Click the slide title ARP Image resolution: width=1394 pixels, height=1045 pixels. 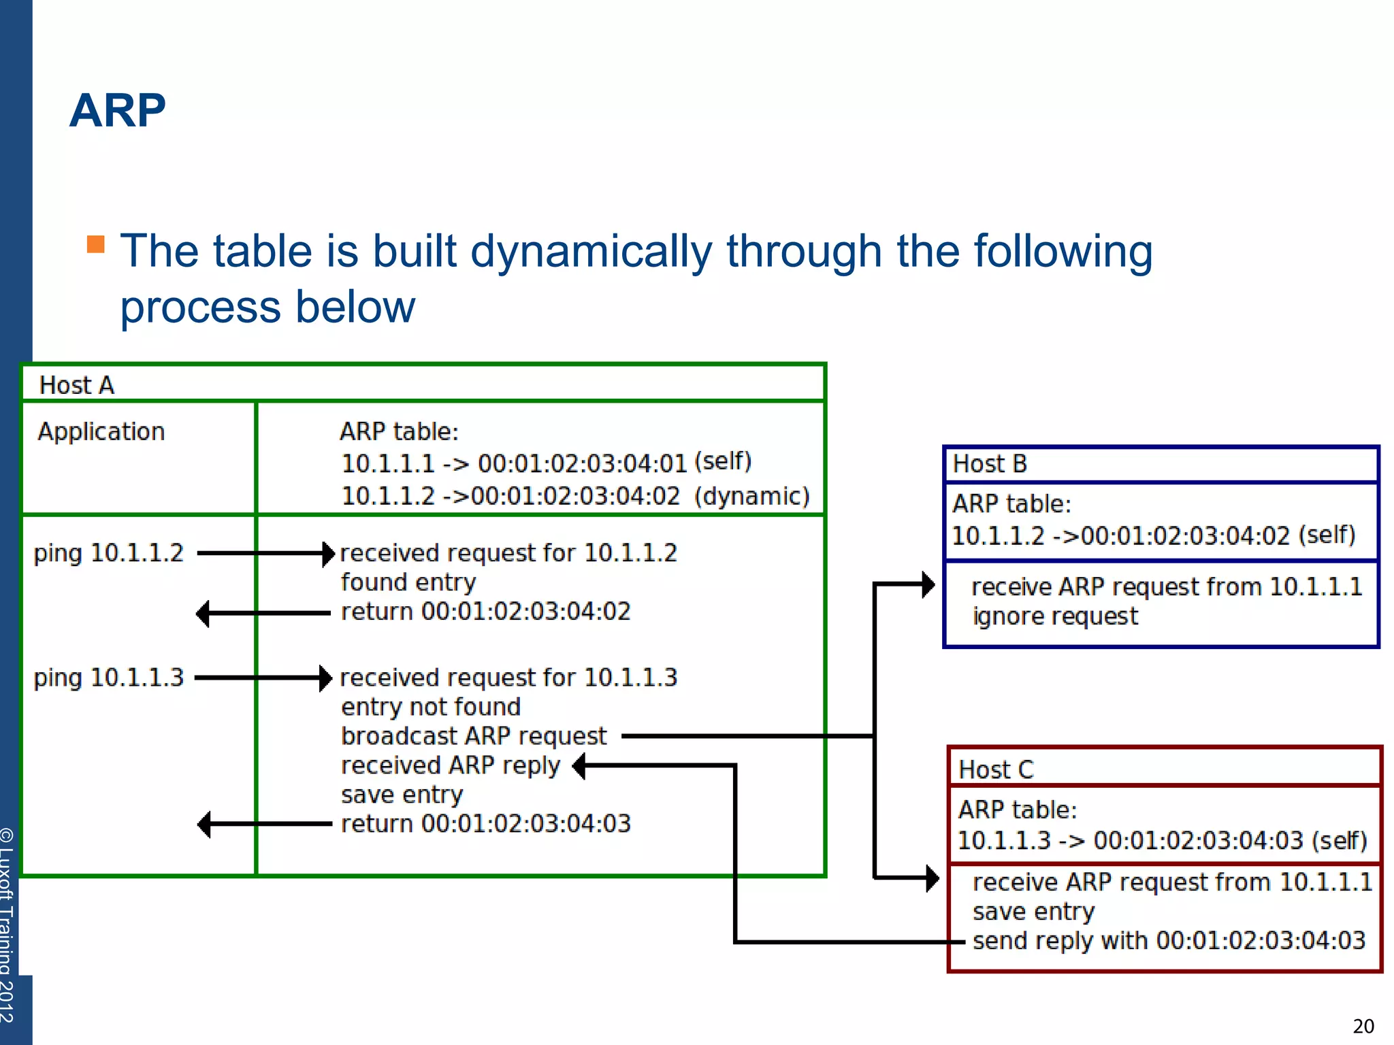click(117, 110)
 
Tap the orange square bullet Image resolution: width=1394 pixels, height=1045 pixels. click(96, 244)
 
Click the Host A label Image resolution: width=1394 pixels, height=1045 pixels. click(76, 385)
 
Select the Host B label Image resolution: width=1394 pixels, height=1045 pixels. click(989, 464)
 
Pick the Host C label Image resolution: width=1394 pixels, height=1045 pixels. click(996, 769)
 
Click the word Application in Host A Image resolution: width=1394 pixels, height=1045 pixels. click(101, 431)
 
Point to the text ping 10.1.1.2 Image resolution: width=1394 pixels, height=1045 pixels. click(109, 553)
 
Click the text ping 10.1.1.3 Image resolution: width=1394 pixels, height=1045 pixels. click(109, 678)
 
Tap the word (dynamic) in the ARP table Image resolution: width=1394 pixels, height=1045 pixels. click(751, 496)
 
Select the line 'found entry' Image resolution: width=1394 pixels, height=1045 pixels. click(408, 582)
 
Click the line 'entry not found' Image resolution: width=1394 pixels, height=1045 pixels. click(431, 707)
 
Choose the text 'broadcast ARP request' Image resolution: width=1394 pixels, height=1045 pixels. click(474, 736)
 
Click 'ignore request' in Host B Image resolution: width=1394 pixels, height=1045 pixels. click(1055, 616)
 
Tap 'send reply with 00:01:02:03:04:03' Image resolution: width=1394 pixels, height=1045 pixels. click(1169, 941)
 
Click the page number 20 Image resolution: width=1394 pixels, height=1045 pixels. click(1363, 1026)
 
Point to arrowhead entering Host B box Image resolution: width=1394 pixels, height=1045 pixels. click(928, 584)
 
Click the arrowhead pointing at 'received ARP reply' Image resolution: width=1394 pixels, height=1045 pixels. click(579, 766)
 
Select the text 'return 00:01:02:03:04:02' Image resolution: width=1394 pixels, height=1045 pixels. click(485, 612)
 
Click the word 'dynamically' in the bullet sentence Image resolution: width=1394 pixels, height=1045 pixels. click(590, 252)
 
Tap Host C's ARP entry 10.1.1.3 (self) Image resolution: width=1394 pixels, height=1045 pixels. click(1162, 841)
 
